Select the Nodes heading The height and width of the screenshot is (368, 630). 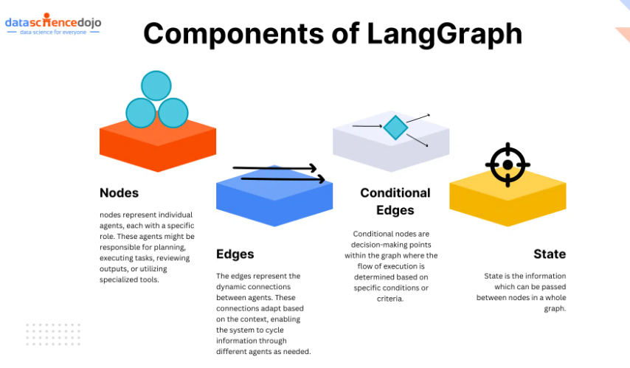pos(119,192)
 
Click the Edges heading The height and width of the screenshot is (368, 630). pos(235,254)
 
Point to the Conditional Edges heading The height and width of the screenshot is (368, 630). pos(395,201)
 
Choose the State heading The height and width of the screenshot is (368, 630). pos(550,254)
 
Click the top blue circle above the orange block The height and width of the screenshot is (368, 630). pos(156,86)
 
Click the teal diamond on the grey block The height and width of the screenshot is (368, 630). pos(395,128)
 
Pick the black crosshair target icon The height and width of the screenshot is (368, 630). pos(508,163)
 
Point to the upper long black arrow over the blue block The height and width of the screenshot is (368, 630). pos(274,168)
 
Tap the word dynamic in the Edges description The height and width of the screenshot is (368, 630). pos(235,286)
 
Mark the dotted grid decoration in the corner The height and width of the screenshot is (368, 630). pos(52,334)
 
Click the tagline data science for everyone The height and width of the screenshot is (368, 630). pos(53,32)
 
